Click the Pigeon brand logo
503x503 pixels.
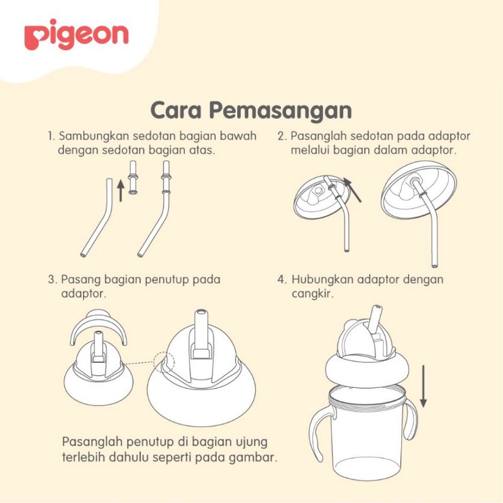click(x=76, y=37)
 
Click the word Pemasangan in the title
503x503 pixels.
click(x=280, y=110)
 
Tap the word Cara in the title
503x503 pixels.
click(x=177, y=110)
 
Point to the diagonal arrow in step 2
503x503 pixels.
click(x=355, y=189)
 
